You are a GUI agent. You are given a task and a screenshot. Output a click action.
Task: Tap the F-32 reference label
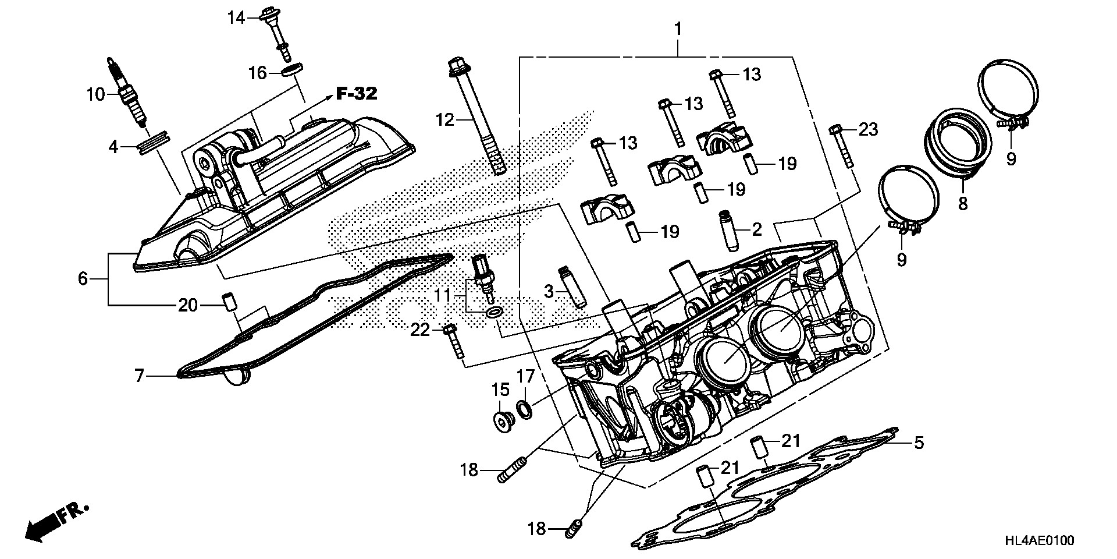[356, 93]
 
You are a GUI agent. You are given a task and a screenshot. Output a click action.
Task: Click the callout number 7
[139, 376]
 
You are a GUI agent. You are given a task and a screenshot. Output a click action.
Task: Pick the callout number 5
[918, 443]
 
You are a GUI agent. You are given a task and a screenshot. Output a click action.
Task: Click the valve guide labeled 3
[571, 288]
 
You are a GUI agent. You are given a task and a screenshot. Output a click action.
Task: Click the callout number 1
[678, 29]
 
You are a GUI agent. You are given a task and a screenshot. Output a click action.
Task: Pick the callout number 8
[963, 204]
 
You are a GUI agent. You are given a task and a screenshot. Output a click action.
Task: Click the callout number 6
[83, 279]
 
